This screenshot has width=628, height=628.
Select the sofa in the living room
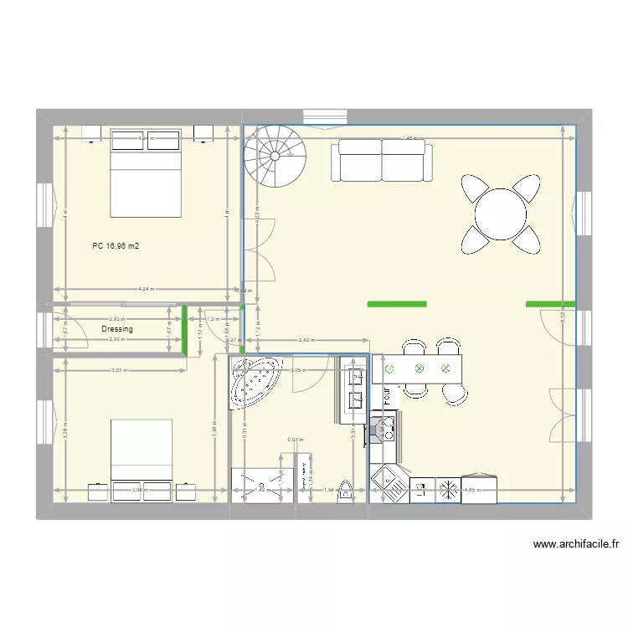[x=383, y=160]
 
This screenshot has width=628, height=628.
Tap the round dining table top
[x=501, y=214]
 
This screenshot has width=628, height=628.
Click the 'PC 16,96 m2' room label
[x=116, y=247]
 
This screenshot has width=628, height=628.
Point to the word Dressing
[x=117, y=329]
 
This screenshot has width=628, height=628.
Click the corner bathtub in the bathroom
[x=256, y=382]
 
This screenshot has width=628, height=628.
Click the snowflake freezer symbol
[x=449, y=490]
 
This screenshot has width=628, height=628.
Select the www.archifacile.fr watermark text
[x=576, y=544]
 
